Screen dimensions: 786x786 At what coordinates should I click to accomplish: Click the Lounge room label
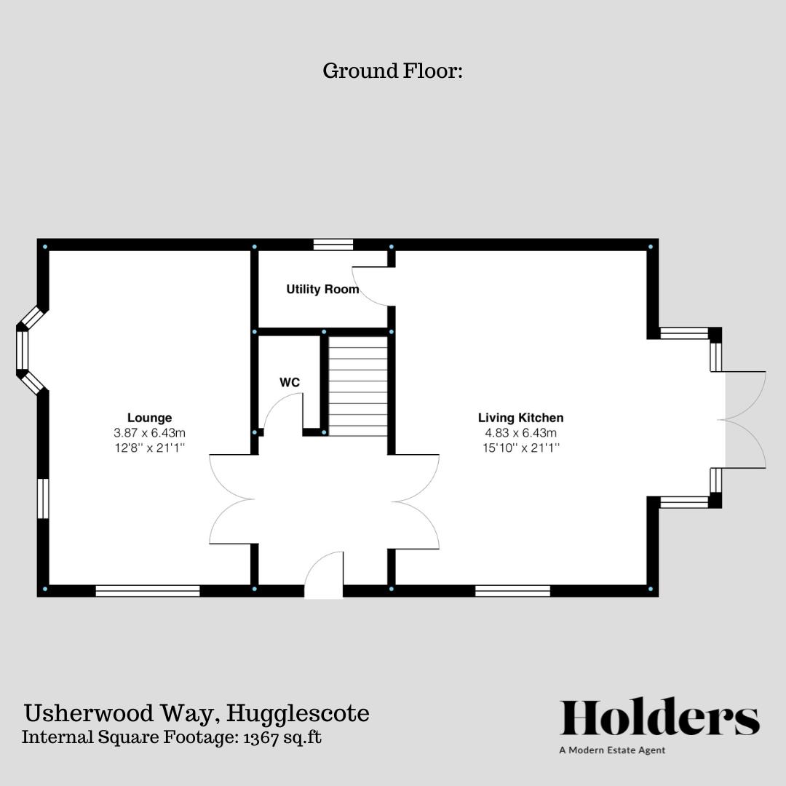149,418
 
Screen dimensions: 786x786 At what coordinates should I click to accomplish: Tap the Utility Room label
322,290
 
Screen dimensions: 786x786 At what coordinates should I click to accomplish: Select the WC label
290,382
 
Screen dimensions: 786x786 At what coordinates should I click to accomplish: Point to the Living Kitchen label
520,418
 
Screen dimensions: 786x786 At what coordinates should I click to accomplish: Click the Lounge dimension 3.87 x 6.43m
149,433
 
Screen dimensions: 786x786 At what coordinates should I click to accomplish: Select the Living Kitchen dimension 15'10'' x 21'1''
520,448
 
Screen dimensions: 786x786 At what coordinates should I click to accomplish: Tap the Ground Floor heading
392,71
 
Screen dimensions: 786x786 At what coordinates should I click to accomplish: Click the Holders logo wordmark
659,718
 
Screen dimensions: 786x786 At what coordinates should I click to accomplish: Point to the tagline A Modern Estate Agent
612,750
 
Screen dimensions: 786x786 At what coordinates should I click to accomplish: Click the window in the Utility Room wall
333,245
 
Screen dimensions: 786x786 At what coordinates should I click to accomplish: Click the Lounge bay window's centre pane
23,351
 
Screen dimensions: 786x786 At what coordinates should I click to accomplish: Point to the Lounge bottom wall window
148,590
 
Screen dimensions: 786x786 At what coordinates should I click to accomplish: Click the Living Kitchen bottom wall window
512,590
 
